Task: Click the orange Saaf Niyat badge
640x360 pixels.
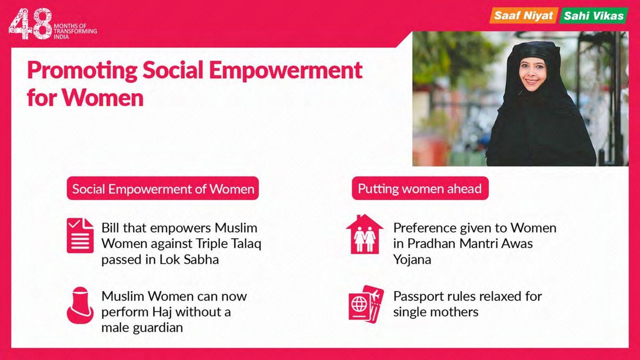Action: pyautogui.click(x=524, y=16)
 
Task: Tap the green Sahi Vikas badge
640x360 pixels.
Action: pyautogui.click(x=593, y=16)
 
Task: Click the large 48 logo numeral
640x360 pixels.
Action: pyautogui.click(x=31, y=24)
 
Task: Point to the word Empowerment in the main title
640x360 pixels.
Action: pyautogui.click(x=286, y=71)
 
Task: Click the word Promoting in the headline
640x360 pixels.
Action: pyautogui.click(x=82, y=71)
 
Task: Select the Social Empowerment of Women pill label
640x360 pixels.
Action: pyautogui.click(x=163, y=188)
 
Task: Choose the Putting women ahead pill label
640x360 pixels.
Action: pyautogui.click(x=420, y=188)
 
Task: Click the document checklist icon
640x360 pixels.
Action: pyautogui.click(x=80, y=236)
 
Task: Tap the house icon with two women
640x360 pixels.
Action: pyautogui.click(x=364, y=234)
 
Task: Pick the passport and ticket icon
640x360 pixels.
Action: pyautogui.click(x=366, y=304)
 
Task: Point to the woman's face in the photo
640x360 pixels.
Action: pyautogui.click(x=533, y=74)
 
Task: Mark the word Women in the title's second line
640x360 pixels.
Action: pyautogui.click(x=103, y=98)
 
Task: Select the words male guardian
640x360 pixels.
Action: pyautogui.click(x=142, y=328)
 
